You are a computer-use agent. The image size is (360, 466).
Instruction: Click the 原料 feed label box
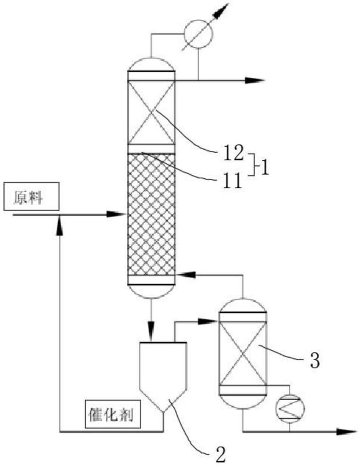click(31, 196)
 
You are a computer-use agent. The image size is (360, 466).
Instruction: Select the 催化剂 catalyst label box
click(112, 414)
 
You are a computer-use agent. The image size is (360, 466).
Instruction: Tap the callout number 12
click(233, 153)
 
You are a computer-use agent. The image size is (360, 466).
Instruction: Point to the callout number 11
click(233, 181)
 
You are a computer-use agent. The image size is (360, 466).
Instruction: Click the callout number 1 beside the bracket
click(264, 168)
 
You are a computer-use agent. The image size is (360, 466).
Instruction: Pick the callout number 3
click(315, 360)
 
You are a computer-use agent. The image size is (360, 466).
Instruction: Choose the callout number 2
click(220, 454)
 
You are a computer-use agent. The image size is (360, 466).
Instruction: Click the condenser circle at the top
click(198, 34)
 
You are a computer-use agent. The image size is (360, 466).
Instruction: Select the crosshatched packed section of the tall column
click(151, 214)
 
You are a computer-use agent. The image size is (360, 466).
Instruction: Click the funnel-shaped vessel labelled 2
click(163, 377)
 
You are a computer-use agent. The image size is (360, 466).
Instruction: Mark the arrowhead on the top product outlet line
click(255, 80)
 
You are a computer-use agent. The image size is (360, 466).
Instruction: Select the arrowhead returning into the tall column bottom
click(185, 275)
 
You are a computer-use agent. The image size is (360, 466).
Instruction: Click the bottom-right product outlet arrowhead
click(346, 431)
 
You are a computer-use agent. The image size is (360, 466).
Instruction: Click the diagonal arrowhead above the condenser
click(221, 10)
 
